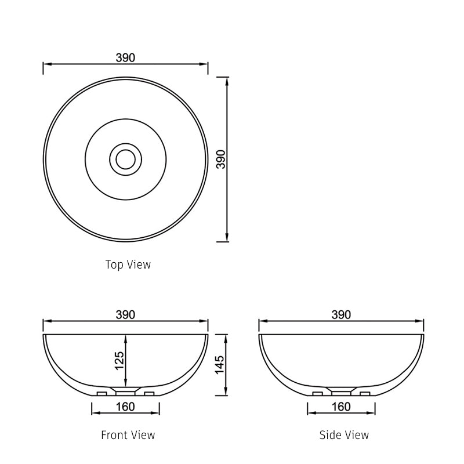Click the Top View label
click(x=128, y=264)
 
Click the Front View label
click(x=128, y=434)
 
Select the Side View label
click(x=343, y=434)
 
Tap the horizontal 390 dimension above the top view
click(x=125, y=57)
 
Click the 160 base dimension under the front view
click(x=125, y=407)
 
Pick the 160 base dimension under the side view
click(x=341, y=407)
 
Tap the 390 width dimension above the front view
click(x=125, y=314)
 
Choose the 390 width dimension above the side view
click(x=341, y=314)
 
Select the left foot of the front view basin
click(x=102, y=394)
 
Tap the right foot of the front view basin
click(x=149, y=394)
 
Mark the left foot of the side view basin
click(x=318, y=394)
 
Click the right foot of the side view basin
click(x=365, y=394)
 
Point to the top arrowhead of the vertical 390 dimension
click(x=227, y=81)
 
